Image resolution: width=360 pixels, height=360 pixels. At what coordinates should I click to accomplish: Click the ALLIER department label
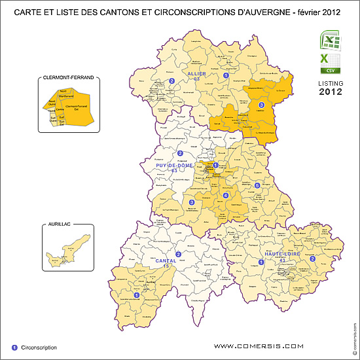coord(197,74)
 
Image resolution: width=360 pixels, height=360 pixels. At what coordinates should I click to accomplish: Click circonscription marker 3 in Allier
coord(261,105)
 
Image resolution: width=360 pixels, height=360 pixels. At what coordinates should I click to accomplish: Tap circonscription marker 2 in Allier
coord(171,81)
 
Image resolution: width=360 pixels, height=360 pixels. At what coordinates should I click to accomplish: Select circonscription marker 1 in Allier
coord(226,75)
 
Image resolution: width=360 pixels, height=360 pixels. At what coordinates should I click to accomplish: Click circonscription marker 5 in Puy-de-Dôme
coord(257,186)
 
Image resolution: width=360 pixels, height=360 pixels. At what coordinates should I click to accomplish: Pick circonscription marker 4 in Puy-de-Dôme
coord(226,195)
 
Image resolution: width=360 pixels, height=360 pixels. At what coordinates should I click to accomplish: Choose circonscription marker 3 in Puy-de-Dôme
coord(191,203)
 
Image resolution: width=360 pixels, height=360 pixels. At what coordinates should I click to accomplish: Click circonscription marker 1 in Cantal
coord(136,295)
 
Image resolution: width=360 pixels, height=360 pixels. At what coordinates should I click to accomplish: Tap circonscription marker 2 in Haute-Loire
coord(312,259)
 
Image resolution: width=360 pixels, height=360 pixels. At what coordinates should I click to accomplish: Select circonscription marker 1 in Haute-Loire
coord(261,262)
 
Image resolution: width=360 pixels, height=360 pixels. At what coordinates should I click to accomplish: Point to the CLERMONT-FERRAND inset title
coord(69,78)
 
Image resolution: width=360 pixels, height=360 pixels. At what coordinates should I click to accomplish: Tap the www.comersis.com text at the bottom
coord(259,346)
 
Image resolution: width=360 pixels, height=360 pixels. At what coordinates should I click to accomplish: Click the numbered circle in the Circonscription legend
coord(14,347)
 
